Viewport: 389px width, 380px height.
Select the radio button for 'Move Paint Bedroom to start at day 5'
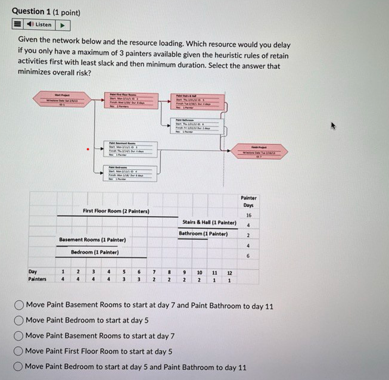pyautogui.click(x=20, y=320)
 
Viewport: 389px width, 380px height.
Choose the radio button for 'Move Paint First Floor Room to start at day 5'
pyautogui.click(x=20, y=351)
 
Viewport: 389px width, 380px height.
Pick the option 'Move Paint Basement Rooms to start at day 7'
pyautogui.click(x=20, y=336)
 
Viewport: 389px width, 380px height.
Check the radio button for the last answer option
pyautogui.click(x=20, y=367)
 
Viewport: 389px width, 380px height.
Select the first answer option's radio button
pyautogui.click(x=20, y=306)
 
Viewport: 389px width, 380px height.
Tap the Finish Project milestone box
pyautogui.click(x=262, y=151)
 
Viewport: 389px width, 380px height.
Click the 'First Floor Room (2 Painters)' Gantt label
pyautogui.click(x=116, y=211)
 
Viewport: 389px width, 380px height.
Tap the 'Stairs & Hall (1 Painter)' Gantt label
pyautogui.click(x=209, y=223)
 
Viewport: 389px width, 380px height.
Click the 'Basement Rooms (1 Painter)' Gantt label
pyautogui.click(x=92, y=240)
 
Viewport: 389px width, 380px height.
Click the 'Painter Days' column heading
pyautogui.click(x=248, y=202)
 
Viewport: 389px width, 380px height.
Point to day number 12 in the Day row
pyautogui.click(x=229, y=272)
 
